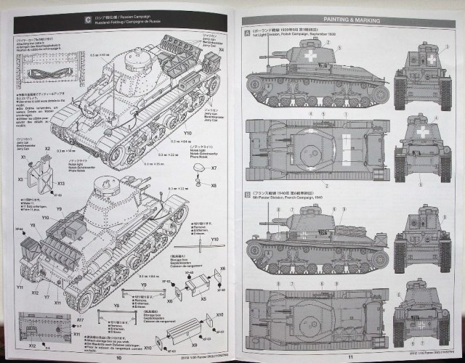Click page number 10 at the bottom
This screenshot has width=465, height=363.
tap(118, 356)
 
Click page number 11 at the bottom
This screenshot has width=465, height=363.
tap(349, 356)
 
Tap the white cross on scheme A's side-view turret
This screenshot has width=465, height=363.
tap(312, 54)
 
